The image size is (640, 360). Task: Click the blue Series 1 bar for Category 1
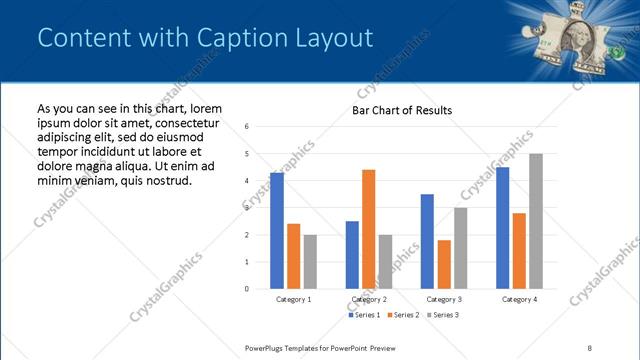(277, 231)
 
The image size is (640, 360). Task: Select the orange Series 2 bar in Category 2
(369, 229)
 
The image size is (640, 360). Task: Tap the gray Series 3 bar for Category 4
(536, 221)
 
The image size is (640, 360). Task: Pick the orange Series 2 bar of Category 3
(444, 264)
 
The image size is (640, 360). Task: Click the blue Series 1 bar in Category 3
(427, 241)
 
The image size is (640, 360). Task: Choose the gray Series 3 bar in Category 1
(310, 262)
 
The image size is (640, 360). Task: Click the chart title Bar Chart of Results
(402, 110)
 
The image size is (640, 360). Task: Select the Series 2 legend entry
(402, 315)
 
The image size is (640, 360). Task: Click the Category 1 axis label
(293, 299)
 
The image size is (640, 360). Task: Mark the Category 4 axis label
(519, 299)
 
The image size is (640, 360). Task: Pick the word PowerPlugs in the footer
(268, 347)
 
